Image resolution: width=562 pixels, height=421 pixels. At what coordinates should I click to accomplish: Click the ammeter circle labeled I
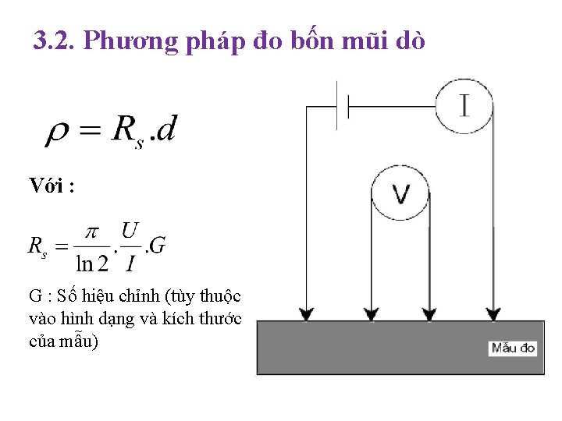[x=464, y=105]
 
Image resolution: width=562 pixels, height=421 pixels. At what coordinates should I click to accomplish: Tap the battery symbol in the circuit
[x=342, y=106]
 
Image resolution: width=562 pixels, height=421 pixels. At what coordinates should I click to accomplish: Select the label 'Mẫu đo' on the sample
[x=513, y=348]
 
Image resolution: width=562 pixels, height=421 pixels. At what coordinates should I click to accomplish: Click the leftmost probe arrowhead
[x=307, y=313]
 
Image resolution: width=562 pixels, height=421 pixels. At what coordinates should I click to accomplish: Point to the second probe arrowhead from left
[x=369, y=313]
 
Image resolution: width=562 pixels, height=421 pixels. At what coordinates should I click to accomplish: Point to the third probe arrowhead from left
[x=429, y=313]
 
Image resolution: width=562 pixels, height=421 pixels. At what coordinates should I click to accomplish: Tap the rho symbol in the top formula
[x=57, y=133]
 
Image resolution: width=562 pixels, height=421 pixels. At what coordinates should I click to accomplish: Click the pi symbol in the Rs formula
[x=93, y=232]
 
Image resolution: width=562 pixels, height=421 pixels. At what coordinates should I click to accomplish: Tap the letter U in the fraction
[x=130, y=231]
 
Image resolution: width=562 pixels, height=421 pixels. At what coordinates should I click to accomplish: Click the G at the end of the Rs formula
[x=156, y=246]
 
